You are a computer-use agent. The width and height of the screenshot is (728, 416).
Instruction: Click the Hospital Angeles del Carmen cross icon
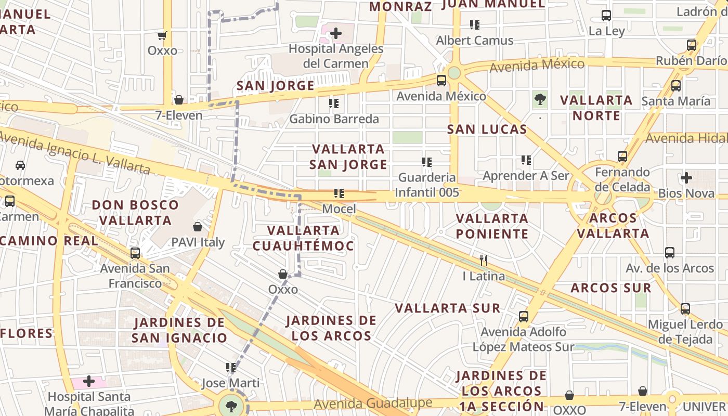(336, 34)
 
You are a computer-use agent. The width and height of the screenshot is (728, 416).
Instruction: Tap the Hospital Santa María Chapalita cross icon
(89, 381)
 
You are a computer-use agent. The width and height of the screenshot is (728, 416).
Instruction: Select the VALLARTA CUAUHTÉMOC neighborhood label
(303, 238)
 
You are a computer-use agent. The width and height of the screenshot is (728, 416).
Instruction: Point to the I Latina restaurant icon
(484, 260)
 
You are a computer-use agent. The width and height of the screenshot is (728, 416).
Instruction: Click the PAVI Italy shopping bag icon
(198, 227)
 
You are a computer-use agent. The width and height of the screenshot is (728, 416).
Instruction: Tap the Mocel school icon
(339, 194)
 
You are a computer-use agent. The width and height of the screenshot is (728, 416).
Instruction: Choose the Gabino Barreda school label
(334, 119)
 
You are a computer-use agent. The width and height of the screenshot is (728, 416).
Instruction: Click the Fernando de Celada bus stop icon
(622, 156)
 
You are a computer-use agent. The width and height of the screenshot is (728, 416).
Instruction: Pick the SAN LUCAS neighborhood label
(487, 129)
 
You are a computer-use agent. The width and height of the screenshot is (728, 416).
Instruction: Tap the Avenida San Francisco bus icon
(135, 253)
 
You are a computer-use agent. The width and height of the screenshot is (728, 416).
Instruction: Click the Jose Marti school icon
(231, 368)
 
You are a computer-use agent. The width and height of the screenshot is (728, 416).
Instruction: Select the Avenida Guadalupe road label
(373, 404)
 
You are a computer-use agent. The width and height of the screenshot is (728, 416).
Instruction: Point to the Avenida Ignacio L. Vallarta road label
(75, 153)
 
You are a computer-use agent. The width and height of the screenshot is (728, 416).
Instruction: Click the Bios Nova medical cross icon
(686, 178)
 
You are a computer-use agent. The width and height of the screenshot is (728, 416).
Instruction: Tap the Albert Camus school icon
(474, 25)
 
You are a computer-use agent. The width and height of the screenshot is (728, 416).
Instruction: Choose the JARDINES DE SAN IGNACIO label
(179, 330)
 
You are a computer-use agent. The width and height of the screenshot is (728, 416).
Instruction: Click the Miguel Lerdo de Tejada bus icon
(685, 308)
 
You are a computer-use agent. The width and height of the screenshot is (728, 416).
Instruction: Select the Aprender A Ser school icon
(526, 160)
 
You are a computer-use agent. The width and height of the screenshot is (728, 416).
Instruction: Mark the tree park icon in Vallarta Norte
(540, 99)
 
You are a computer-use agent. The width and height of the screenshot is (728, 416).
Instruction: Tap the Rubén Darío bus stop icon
(691, 45)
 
